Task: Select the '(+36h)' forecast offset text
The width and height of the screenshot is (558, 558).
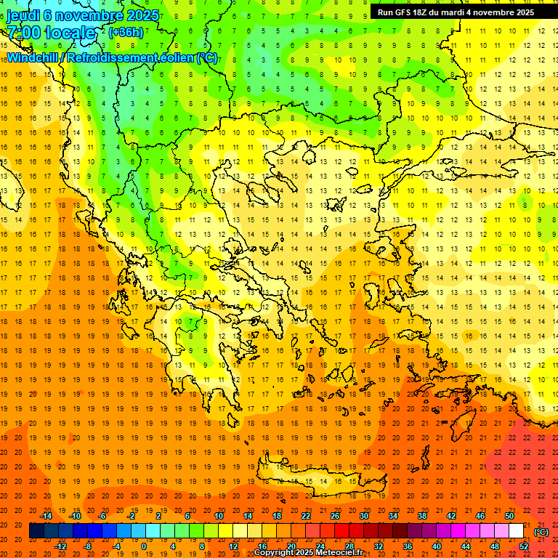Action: [x=125, y=33]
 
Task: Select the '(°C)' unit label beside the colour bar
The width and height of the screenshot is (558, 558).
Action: [x=541, y=532]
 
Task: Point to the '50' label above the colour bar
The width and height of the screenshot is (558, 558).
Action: [x=509, y=516]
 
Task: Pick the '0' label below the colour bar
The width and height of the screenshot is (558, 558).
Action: [x=144, y=546]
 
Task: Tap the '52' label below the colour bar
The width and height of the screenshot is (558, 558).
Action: [x=524, y=546]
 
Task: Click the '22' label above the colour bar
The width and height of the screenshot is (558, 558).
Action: [x=306, y=516]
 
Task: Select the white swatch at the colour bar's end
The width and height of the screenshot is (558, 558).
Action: [x=516, y=531]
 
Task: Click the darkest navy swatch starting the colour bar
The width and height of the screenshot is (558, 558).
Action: [x=36, y=531]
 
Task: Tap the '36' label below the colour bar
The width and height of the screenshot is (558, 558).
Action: [x=408, y=546]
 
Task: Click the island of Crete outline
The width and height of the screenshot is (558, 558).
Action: [x=320, y=482]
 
